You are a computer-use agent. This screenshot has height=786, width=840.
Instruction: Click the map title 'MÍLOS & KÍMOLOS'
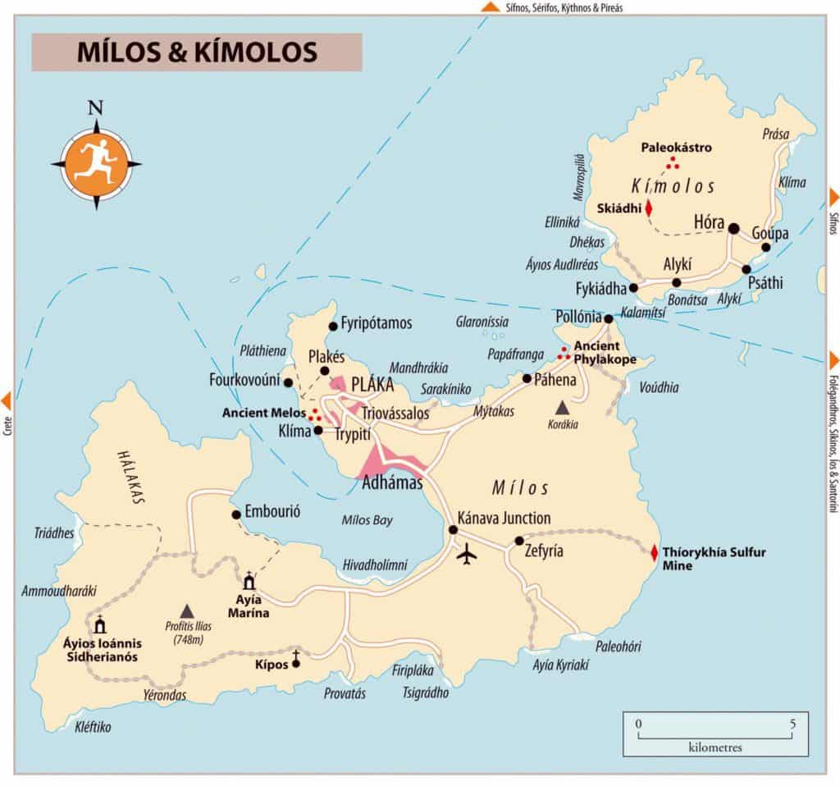196,52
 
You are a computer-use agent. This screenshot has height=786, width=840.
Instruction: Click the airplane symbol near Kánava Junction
468,555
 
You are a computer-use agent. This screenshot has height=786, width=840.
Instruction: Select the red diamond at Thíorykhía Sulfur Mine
654,553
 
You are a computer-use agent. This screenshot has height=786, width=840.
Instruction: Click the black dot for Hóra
733,228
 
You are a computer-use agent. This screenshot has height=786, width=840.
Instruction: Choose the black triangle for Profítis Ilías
187,610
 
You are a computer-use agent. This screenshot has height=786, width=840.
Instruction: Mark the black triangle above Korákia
562,407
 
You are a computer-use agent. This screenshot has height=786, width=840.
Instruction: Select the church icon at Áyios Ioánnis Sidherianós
101,625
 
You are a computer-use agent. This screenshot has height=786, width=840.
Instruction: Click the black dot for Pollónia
609,318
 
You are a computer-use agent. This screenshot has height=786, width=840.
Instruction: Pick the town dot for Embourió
236,514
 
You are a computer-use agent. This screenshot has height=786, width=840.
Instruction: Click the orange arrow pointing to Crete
7,400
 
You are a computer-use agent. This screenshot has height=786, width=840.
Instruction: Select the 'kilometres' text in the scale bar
715,747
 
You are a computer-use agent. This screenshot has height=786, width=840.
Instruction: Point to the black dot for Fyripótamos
332,327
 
